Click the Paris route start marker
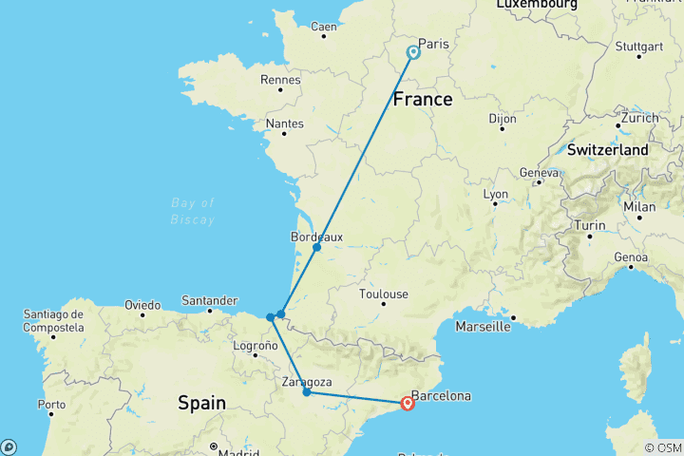pos(413,53)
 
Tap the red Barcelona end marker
pos(408,403)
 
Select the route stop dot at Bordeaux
pos(316,247)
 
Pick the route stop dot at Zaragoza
pos(306,391)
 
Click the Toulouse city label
pos(384,294)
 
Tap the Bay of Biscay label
pos(193,211)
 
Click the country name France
pos(423,98)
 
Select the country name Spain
pos(202,403)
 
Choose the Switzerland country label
pos(608,149)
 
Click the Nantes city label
pos(285,123)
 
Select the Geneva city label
pos(538,173)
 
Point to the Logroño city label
pos(255,346)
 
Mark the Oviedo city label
pos(142,305)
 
